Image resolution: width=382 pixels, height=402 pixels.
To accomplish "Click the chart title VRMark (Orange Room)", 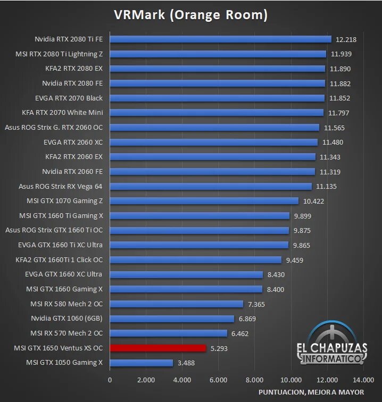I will point(190,15).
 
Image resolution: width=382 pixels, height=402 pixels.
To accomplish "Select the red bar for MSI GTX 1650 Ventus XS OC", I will point(157,348).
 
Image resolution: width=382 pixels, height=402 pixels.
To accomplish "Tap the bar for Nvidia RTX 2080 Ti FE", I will point(220,39).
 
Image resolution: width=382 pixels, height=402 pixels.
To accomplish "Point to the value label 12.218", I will point(346,39).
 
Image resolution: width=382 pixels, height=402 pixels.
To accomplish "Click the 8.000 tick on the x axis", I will point(254,380).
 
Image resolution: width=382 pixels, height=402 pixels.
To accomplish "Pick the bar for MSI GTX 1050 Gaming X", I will point(141,363).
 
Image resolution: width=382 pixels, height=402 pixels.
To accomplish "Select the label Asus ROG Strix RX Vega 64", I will point(60,186).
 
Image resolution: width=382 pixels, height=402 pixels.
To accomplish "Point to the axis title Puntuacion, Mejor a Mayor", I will point(311,392).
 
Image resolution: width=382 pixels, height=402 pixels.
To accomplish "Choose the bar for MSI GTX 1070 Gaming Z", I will point(204,201).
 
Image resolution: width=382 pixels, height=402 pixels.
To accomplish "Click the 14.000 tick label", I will point(363,380).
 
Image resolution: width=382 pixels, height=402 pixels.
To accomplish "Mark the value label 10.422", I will point(313,201).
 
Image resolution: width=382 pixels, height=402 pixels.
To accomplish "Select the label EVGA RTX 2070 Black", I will point(69,98).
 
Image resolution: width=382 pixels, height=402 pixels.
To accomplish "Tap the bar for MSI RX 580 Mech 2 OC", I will point(176,304).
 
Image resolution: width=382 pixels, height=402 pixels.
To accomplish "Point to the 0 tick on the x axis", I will point(110,380).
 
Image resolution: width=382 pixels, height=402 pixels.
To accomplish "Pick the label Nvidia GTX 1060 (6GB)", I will point(67,319).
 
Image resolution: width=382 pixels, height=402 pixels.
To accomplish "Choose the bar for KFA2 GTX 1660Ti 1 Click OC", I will point(195,260).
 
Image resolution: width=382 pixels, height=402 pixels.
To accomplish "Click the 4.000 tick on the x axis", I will point(182,380).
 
